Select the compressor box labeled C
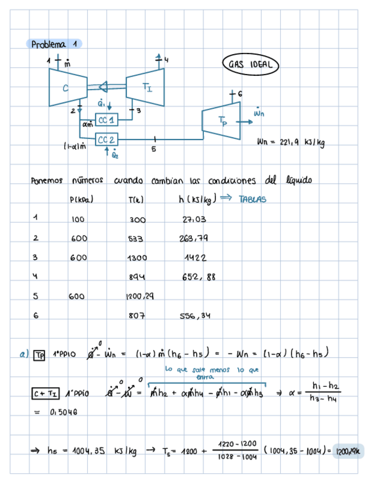point(66,87)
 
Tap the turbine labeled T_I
point(146,86)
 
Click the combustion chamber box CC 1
point(106,120)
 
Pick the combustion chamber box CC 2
point(107,140)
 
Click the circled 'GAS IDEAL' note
point(249,64)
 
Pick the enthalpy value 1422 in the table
point(195,257)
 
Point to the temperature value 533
point(136,238)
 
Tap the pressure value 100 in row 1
point(78,219)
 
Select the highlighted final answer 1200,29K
point(345,451)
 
